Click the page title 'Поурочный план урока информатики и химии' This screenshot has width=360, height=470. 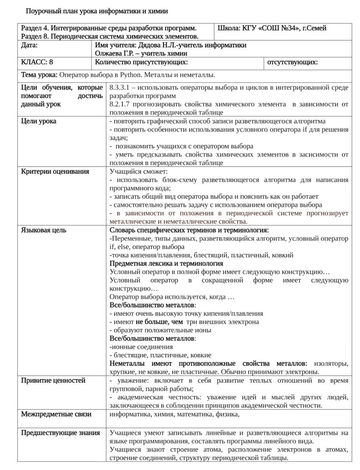97,11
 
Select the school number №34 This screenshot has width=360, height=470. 290,28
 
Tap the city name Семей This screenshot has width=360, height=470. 317,28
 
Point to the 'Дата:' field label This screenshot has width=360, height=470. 29,45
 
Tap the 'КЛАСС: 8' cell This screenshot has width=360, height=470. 37,62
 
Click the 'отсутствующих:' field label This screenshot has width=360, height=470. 292,62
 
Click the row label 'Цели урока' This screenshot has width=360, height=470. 39,121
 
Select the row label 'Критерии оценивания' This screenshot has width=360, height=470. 55,171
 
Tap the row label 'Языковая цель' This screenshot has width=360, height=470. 44,230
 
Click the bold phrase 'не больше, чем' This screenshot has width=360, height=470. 159,322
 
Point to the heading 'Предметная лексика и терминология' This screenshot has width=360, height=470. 166,263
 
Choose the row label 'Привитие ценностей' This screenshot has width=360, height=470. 53,380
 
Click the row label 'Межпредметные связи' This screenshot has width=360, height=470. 56,414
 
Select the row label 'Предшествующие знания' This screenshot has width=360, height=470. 60,433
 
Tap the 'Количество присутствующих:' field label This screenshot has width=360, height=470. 141,62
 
